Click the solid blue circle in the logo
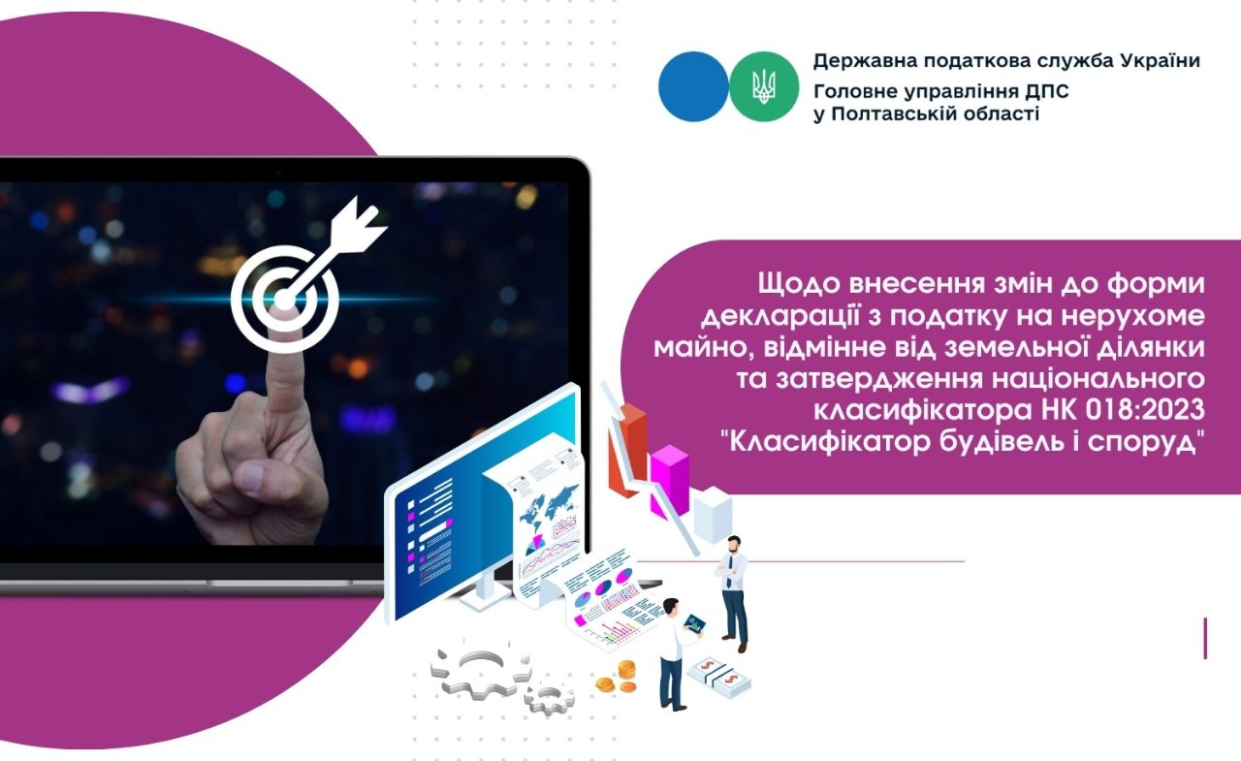[x=692, y=86]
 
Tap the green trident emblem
[x=763, y=86]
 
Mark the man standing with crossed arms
[x=733, y=591]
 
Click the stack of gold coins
[x=619, y=676]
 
